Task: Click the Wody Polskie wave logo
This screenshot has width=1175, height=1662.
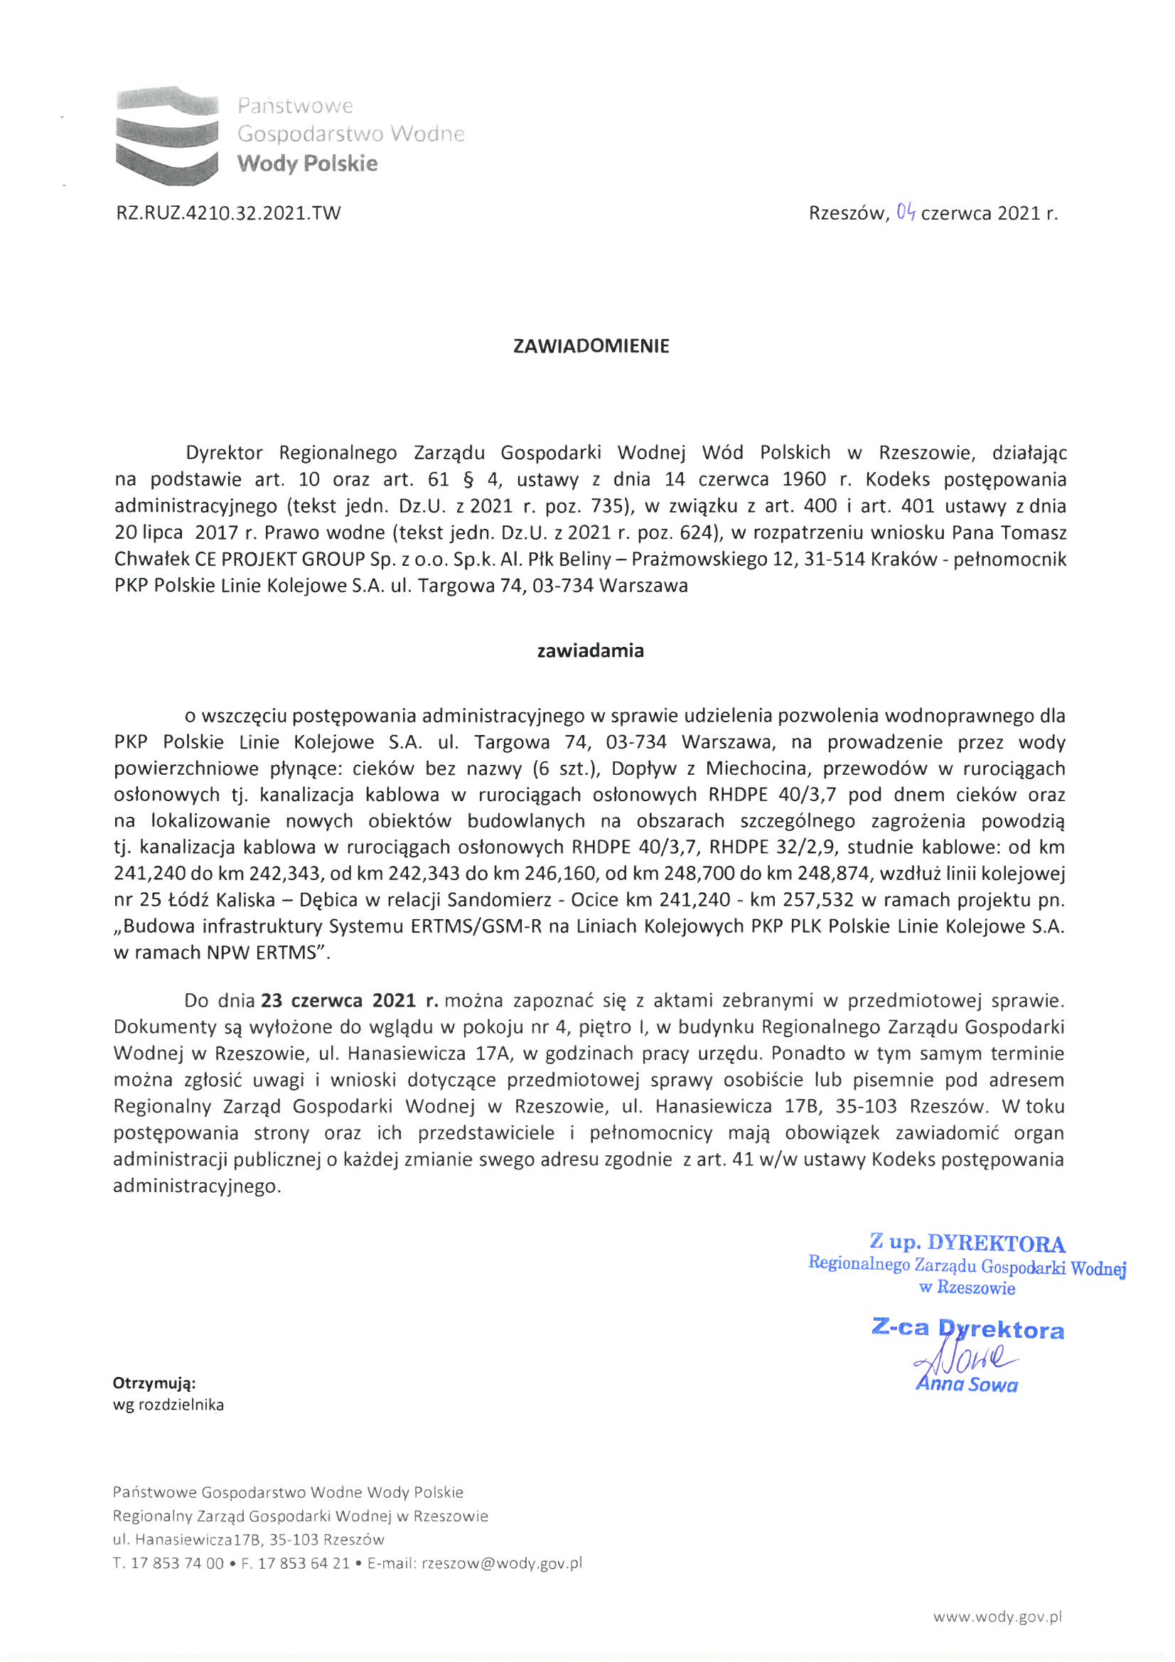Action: pyautogui.click(x=167, y=135)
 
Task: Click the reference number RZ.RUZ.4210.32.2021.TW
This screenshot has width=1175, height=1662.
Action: pyautogui.click(x=228, y=213)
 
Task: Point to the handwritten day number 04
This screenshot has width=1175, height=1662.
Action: pyautogui.click(x=906, y=212)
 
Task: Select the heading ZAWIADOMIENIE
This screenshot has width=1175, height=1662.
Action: pyautogui.click(x=591, y=346)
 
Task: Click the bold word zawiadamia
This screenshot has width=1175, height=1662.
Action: pyautogui.click(x=590, y=650)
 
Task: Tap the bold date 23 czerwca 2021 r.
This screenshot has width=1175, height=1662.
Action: pyautogui.click(x=350, y=1001)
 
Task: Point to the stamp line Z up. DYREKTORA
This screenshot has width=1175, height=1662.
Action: pyautogui.click(x=967, y=1243)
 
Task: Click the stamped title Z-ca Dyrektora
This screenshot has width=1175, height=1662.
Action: pyautogui.click(x=968, y=1329)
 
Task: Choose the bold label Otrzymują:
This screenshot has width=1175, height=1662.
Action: pyautogui.click(x=154, y=1383)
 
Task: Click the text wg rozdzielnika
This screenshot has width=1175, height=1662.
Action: pyautogui.click(x=168, y=1405)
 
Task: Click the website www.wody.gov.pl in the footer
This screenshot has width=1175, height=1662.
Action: pyautogui.click(x=997, y=1616)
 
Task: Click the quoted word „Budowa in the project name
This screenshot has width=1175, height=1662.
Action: pyautogui.click(x=156, y=926)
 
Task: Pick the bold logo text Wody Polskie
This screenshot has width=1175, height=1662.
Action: pyautogui.click(x=307, y=163)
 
